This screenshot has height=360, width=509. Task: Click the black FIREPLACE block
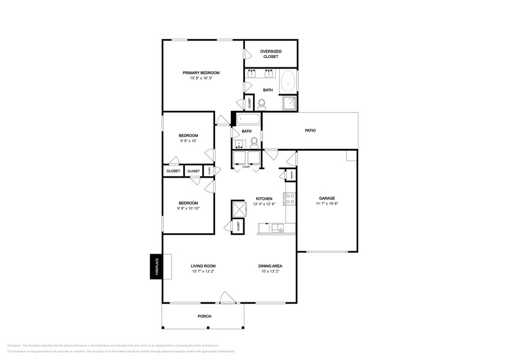point(156,266)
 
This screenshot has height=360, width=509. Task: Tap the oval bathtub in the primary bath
point(288,81)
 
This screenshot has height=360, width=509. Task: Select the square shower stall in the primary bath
point(288,103)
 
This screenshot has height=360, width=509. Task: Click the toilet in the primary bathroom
point(262,104)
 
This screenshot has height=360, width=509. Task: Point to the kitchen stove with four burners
point(290,199)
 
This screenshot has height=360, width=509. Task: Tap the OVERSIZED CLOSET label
point(270,54)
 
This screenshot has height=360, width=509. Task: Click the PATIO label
point(311,130)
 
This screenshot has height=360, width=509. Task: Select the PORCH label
point(204,316)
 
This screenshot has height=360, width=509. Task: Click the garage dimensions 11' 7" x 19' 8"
point(326,204)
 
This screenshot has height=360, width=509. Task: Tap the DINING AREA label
point(270,266)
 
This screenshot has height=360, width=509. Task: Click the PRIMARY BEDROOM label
point(201,73)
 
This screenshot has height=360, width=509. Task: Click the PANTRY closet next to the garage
point(291,175)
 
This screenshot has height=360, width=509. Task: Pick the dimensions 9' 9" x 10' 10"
point(188,208)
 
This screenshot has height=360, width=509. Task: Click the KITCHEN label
point(263,198)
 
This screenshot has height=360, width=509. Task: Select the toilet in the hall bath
point(254,143)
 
